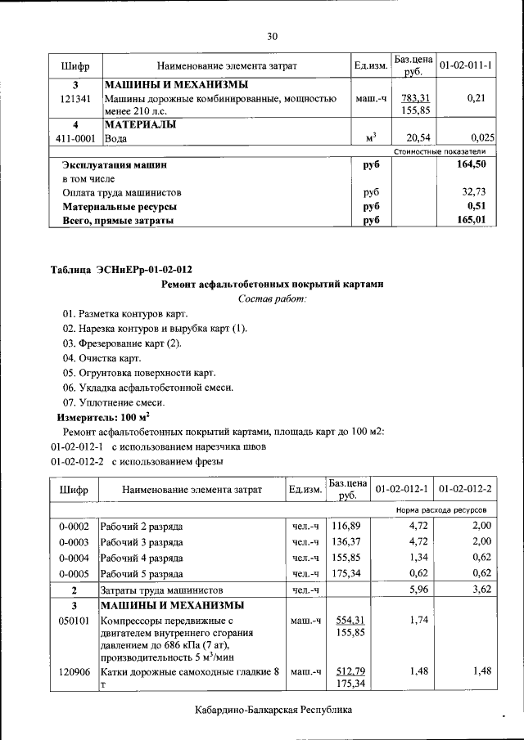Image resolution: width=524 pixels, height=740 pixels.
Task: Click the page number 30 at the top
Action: [x=273, y=36]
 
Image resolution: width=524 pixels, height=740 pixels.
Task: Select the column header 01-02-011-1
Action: [x=465, y=65]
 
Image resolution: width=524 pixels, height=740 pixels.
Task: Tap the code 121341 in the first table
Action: [x=75, y=99]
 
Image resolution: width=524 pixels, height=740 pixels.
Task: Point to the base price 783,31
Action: [x=416, y=99]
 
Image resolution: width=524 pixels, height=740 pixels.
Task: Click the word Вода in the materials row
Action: [x=115, y=139]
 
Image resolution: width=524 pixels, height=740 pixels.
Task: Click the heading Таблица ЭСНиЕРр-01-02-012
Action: [x=122, y=270]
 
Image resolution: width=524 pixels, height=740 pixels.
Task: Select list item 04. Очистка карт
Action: [x=102, y=358]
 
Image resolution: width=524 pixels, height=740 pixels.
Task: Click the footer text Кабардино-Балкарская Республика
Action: [x=273, y=710]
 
